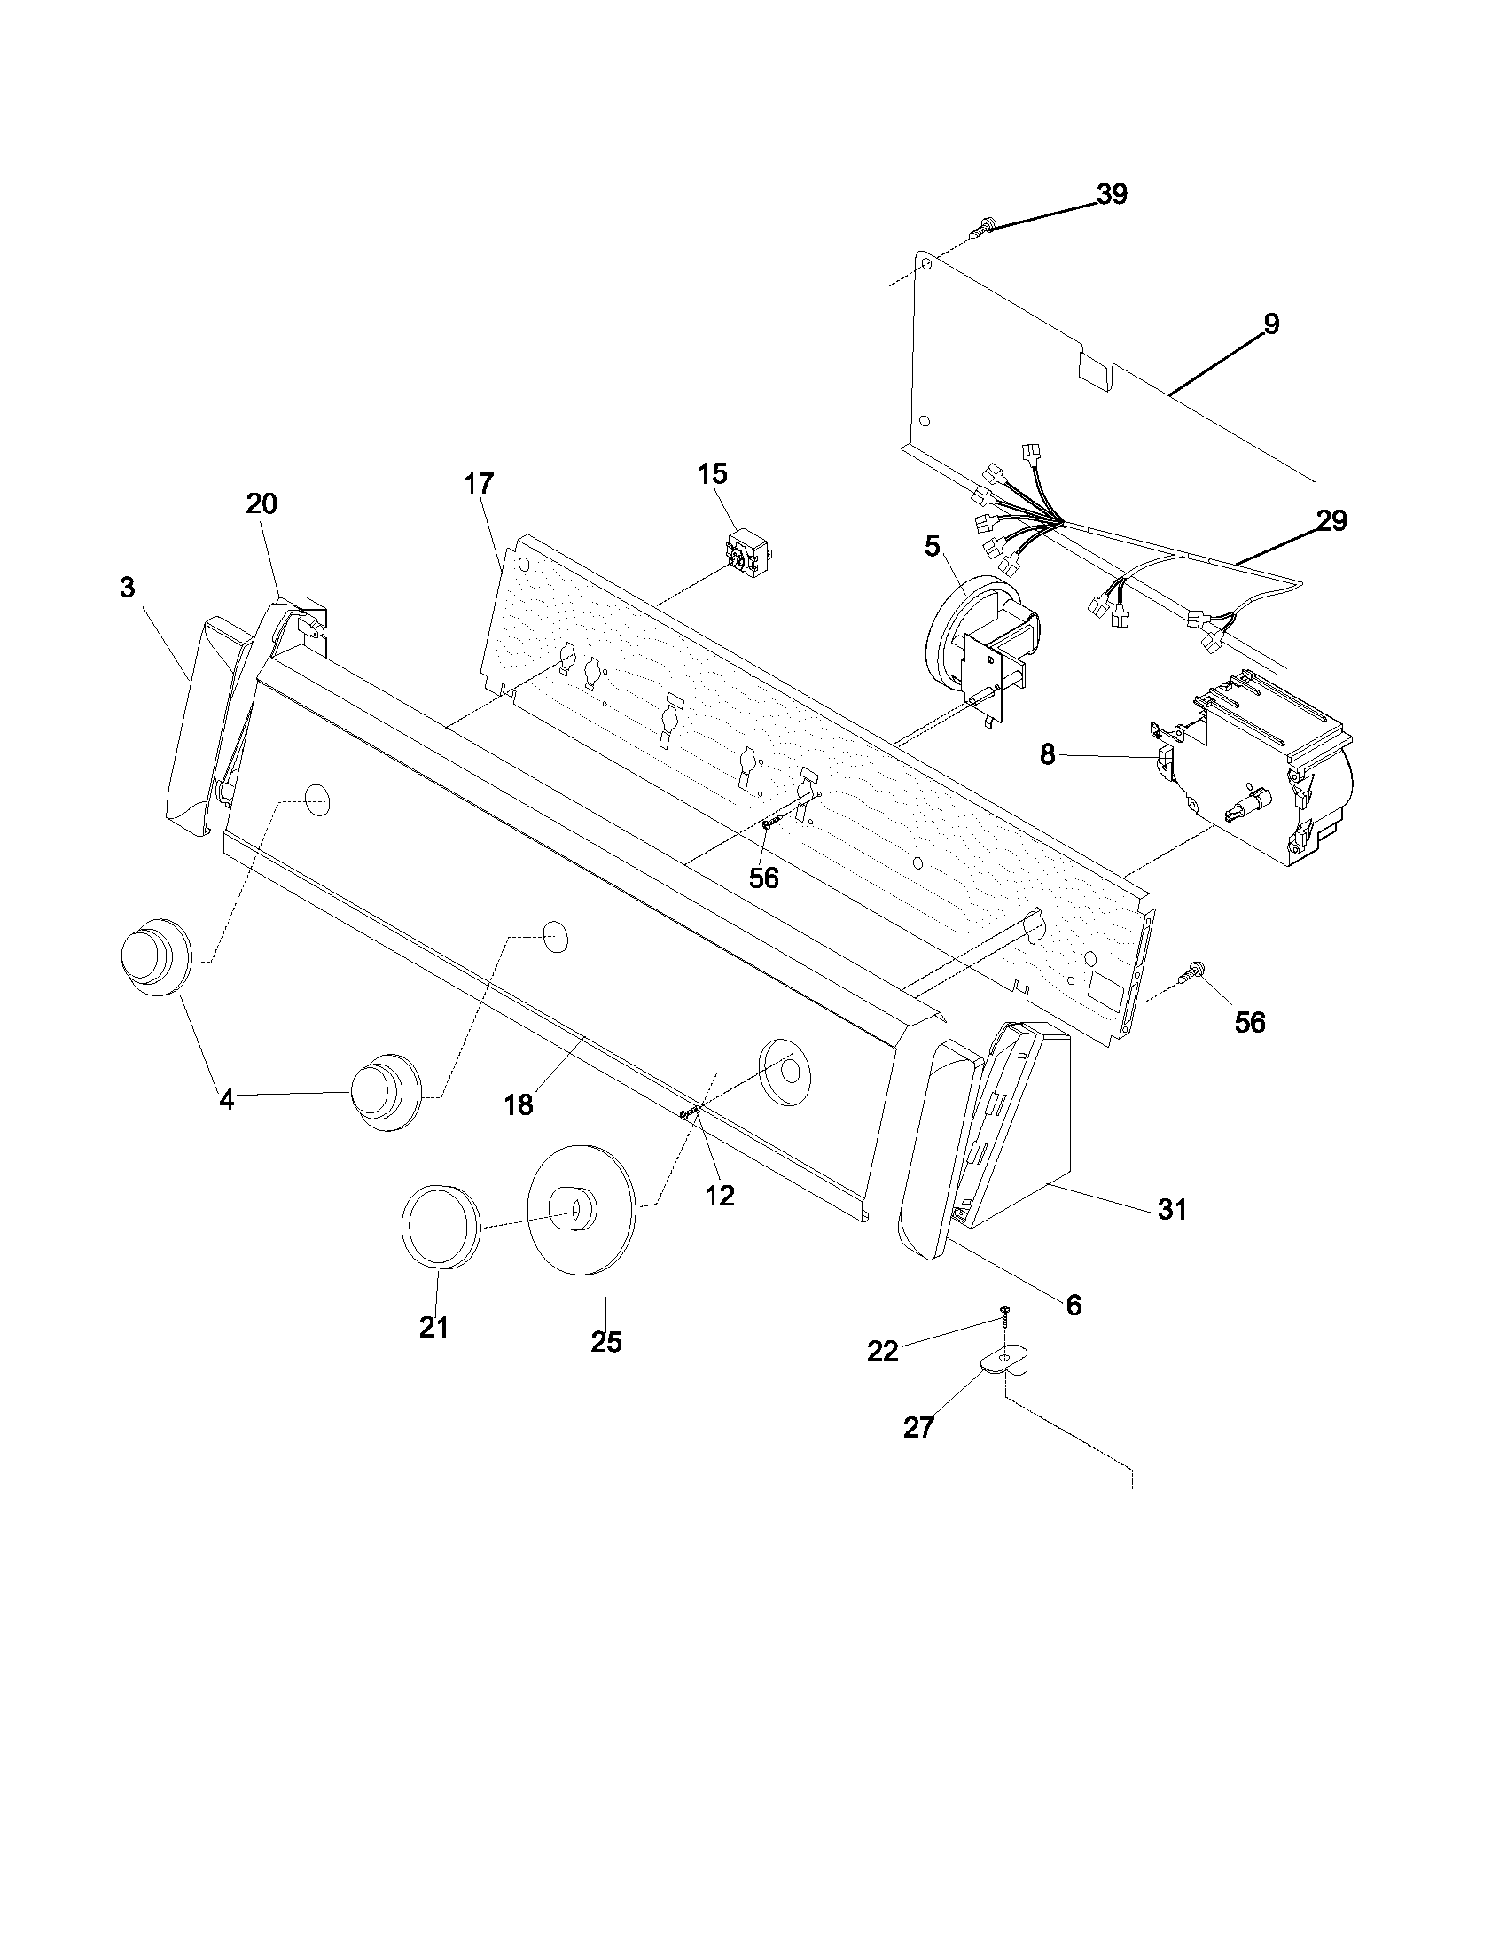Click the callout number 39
point(1112,194)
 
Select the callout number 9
point(1271,324)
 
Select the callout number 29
point(1331,520)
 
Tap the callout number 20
point(262,504)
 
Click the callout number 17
point(479,484)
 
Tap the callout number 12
point(720,1196)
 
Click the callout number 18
point(519,1104)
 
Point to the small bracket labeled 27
point(1003,1361)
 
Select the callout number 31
point(1172,1210)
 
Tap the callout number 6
point(1074,1306)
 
